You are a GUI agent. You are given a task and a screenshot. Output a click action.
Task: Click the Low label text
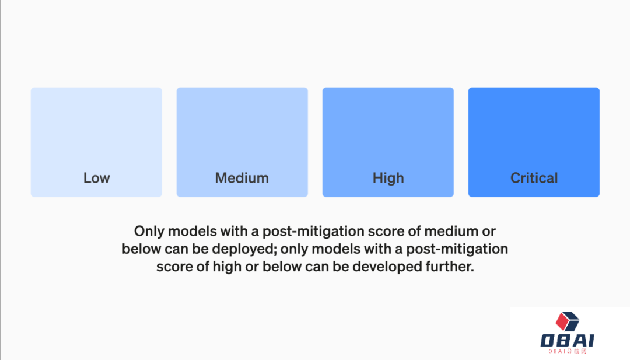pyautogui.click(x=96, y=177)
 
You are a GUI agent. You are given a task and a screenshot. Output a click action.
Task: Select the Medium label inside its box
pyautogui.click(x=242, y=177)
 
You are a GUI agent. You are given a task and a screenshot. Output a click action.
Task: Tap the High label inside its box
pyautogui.click(x=388, y=178)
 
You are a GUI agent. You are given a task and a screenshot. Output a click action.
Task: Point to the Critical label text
pyautogui.click(x=534, y=177)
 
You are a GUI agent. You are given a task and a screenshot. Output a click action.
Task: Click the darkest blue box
pyautogui.click(x=534, y=142)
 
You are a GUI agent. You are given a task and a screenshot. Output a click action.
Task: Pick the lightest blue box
pyautogui.click(x=96, y=142)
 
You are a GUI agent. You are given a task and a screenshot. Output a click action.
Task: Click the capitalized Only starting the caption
pyautogui.click(x=149, y=232)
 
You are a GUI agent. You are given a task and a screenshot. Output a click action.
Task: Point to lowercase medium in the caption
pyautogui.click(x=451, y=231)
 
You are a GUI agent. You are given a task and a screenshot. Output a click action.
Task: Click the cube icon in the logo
pyautogui.click(x=568, y=321)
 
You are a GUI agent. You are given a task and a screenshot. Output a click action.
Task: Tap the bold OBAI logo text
pyautogui.click(x=568, y=340)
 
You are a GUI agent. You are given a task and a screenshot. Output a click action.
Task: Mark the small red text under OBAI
pyautogui.click(x=568, y=351)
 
